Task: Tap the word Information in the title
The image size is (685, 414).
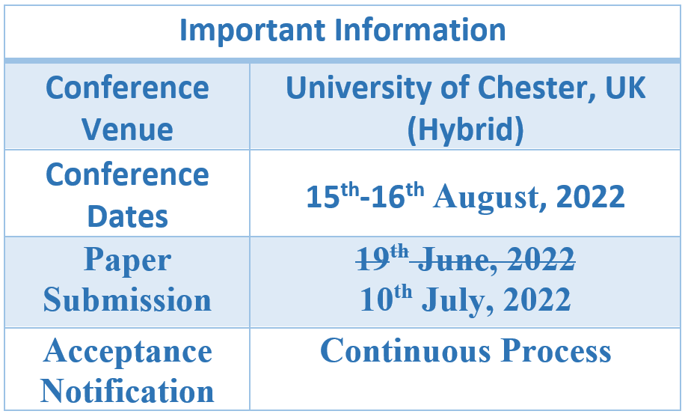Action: pos(420,30)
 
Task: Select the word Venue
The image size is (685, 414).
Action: pos(127,130)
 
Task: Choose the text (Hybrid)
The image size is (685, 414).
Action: pos(465,130)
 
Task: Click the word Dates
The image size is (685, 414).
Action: pos(128,217)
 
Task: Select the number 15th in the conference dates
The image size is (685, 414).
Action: pos(333,195)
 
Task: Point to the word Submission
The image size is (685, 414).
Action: pos(127,300)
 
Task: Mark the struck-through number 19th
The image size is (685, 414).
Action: pos(383,258)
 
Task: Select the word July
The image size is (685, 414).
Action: pos(458,301)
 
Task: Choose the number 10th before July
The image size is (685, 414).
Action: pos(386,299)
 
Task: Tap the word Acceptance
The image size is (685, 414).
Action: pos(128,352)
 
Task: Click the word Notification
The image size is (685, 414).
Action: pos(127,391)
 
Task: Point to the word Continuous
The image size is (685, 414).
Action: pos(405,350)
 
